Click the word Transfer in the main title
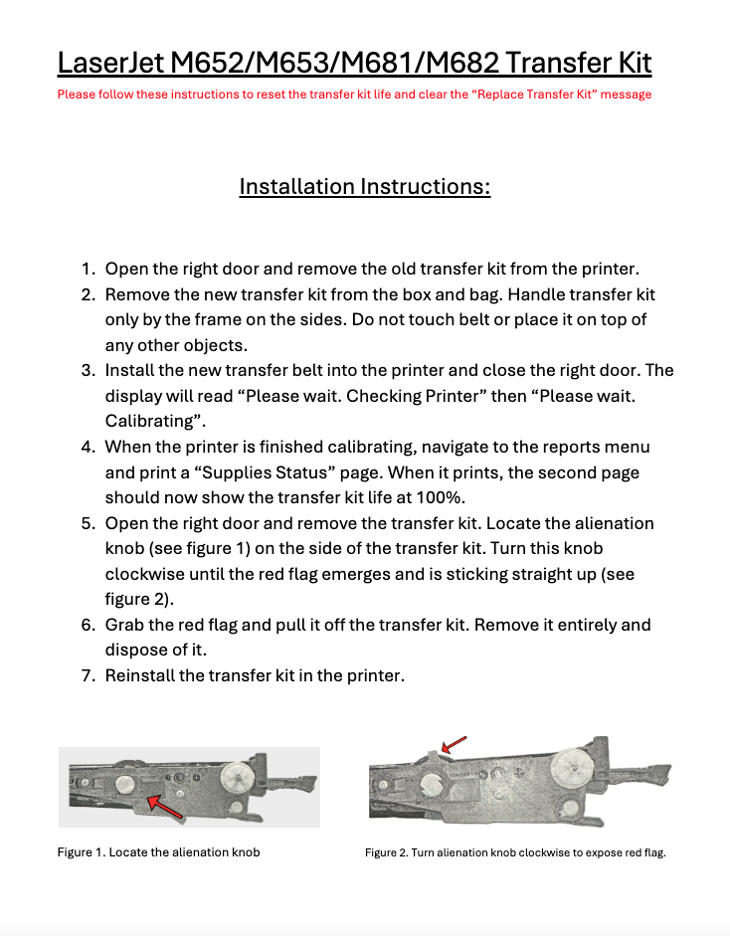click(x=554, y=63)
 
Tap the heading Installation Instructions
click(x=365, y=186)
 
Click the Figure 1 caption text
click(x=158, y=852)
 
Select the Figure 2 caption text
click(x=514, y=852)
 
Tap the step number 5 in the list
click(x=88, y=523)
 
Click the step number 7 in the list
click(x=88, y=676)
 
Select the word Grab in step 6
click(x=124, y=626)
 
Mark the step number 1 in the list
click(x=88, y=269)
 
